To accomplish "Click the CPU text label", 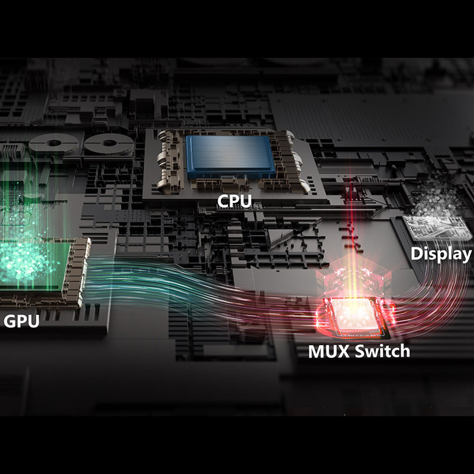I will coord(235,201).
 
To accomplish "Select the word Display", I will coord(441,254).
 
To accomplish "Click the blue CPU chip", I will coord(230,155).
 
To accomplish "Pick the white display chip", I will coord(434,227).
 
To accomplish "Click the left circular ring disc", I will coord(54,143).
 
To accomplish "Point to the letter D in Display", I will coord(417,254).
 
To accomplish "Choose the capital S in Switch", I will coord(361,351).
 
